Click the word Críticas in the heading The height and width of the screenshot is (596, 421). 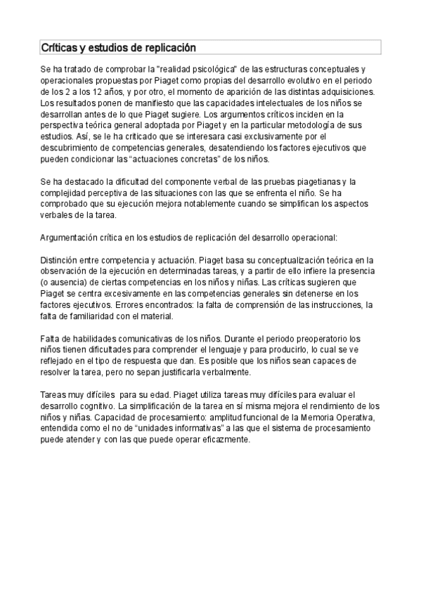pos(59,48)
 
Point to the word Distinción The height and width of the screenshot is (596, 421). pos(61,261)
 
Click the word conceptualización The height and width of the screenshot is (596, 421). pos(270,261)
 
